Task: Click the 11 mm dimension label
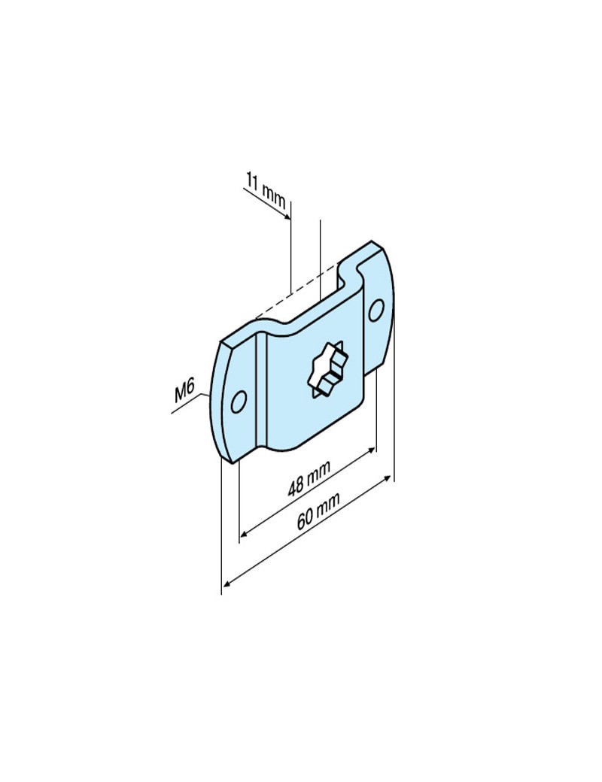point(265,189)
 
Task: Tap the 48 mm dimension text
point(309,477)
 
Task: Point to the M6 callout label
point(184,392)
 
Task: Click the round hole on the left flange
point(238,402)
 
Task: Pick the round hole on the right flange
point(376,308)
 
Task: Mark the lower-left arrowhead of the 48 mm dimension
point(243,536)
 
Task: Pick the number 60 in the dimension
point(306,519)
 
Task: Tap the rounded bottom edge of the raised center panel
point(316,444)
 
